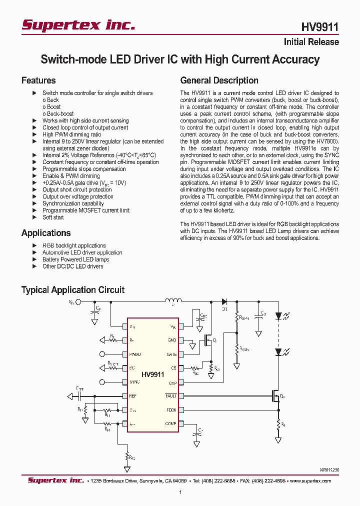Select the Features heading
[x=38, y=80]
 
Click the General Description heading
[x=219, y=80]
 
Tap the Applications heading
[x=46, y=233]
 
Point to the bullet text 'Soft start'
[x=53, y=217]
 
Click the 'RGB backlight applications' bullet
[x=74, y=245]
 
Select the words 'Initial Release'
[x=311, y=42]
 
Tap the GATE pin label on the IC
[x=171, y=354]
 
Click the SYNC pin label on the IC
[x=134, y=382]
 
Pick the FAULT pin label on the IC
[x=171, y=396]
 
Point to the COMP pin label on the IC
[x=171, y=424]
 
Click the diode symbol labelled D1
[x=224, y=301]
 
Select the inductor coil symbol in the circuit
[x=173, y=300]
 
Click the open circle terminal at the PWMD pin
[x=103, y=354]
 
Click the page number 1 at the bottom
[x=180, y=492]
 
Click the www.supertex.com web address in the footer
[x=310, y=480]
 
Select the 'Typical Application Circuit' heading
[x=73, y=290]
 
